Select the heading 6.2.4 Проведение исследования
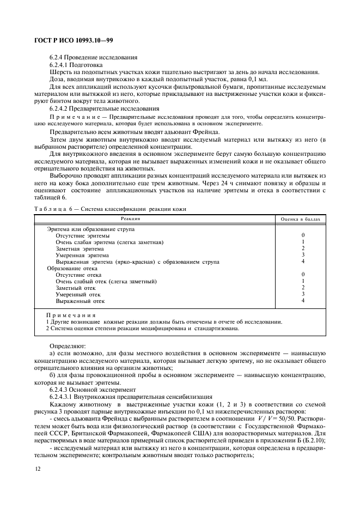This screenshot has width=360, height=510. (93, 57)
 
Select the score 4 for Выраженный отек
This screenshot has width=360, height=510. (303, 301)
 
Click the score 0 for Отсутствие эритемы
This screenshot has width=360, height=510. (303, 235)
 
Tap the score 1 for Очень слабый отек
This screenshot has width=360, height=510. (303, 281)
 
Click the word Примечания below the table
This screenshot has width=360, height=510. (71, 315)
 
